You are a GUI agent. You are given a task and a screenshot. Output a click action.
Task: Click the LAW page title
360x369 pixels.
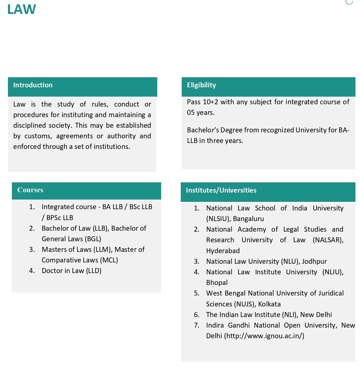22,9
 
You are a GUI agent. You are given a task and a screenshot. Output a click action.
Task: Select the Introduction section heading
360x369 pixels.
33,85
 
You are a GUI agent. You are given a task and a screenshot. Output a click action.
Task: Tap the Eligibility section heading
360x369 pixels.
201,85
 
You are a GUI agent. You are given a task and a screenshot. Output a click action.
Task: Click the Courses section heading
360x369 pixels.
30,190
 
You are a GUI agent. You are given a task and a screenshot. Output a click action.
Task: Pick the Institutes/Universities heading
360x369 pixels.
221,190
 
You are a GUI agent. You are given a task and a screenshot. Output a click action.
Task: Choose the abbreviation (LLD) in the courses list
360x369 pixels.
94,271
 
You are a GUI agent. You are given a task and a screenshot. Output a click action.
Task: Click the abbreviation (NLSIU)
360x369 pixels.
218,219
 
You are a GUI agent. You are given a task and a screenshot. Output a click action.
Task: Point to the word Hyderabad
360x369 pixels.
223,251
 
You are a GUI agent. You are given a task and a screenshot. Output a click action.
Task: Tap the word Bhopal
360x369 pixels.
217,283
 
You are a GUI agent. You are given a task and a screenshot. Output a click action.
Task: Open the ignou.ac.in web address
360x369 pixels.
264,336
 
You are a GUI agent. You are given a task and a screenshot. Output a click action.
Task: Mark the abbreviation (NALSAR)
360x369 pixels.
328,240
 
